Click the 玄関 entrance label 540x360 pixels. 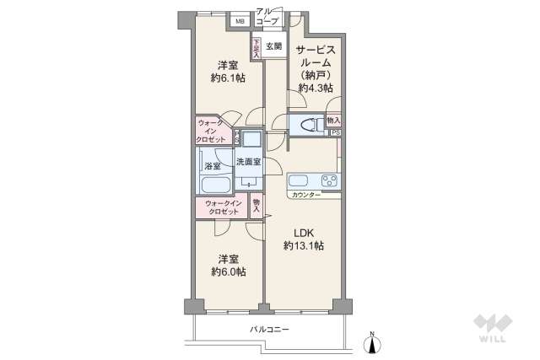(x=274, y=46)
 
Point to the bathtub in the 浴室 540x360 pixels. (x=217, y=185)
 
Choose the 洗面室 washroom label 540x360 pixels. (x=248, y=161)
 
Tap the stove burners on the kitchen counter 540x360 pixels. (x=327, y=180)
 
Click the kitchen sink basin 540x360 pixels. (x=300, y=180)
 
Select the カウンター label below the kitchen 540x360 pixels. (x=305, y=196)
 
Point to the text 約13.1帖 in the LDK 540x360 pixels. (x=303, y=245)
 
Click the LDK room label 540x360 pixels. (x=303, y=232)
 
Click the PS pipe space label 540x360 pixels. (x=335, y=133)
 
